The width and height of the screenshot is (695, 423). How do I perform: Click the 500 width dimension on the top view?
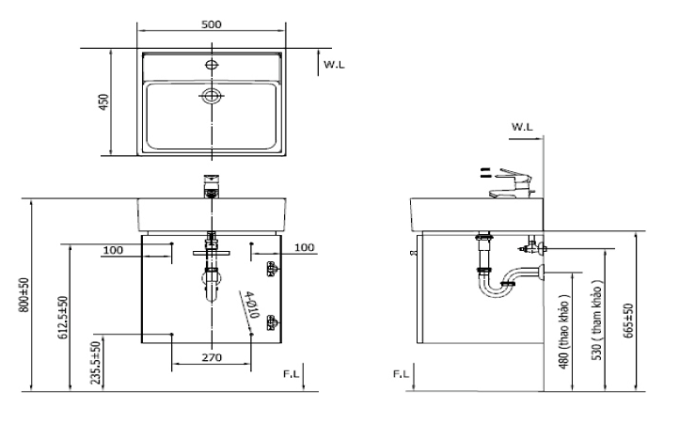click(212, 24)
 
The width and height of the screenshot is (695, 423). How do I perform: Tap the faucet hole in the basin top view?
click(212, 66)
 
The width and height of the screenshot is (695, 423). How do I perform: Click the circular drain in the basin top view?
click(212, 95)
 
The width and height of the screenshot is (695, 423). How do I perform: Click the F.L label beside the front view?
click(292, 375)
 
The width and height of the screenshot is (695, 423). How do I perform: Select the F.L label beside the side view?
click(402, 374)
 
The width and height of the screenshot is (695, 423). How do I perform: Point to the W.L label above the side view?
click(523, 125)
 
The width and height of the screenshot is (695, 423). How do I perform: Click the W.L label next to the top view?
click(335, 65)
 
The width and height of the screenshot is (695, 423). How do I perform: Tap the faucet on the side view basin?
click(513, 182)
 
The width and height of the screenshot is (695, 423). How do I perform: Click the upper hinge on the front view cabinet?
click(272, 271)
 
